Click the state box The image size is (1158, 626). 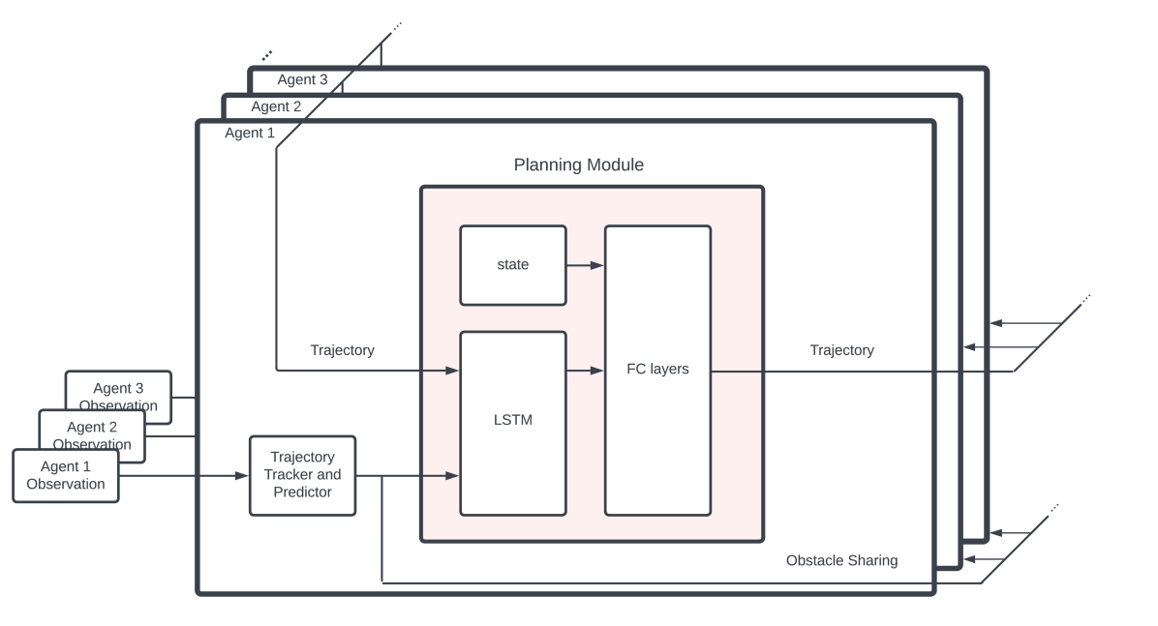[512, 265]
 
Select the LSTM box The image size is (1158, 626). [512, 423]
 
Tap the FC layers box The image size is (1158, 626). [657, 370]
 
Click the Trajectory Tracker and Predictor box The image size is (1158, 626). [302, 475]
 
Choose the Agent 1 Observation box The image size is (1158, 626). [66, 475]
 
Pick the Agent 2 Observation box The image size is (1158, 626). [92, 426]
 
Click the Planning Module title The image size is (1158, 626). [578, 165]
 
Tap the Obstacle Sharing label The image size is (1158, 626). [841, 560]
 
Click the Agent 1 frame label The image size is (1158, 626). [250, 134]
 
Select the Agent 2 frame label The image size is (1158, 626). [276, 106]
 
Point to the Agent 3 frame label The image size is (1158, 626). [302, 79]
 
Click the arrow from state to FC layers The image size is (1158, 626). [585, 264]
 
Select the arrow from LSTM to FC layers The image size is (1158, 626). [585, 370]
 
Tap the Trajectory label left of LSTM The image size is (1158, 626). [342, 350]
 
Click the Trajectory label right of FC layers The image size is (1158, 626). [841, 350]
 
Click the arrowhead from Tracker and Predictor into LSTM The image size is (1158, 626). [452, 476]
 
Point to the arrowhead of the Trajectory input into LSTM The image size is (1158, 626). [452, 370]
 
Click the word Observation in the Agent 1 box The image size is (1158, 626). [66, 484]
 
